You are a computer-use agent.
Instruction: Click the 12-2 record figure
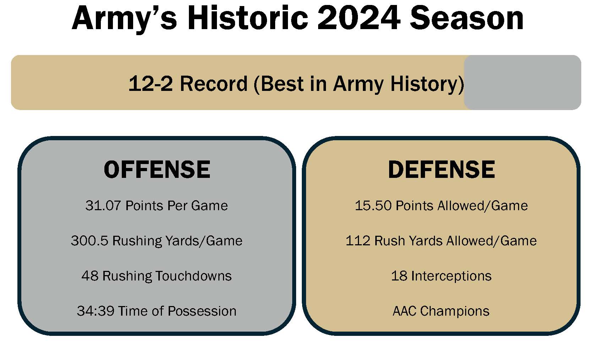pos(151,84)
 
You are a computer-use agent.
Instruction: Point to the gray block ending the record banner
pos(522,82)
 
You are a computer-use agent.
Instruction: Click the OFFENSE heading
pos(157,169)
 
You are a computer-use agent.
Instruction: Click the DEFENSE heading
pos(441,169)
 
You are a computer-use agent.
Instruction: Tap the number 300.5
pos(89,241)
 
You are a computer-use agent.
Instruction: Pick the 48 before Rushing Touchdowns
pos(90,276)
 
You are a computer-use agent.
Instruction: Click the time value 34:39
pos(95,311)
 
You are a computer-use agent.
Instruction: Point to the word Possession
pos(202,311)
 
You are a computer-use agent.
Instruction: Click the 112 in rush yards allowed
pos(358,241)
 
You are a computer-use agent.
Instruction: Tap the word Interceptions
pos(451,276)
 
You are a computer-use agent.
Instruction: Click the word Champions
pos(454,311)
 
